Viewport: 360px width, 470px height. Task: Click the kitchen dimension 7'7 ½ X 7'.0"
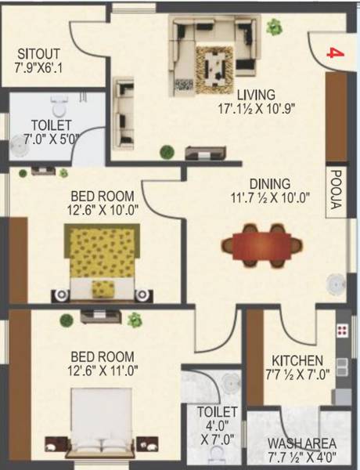(x=297, y=353)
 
